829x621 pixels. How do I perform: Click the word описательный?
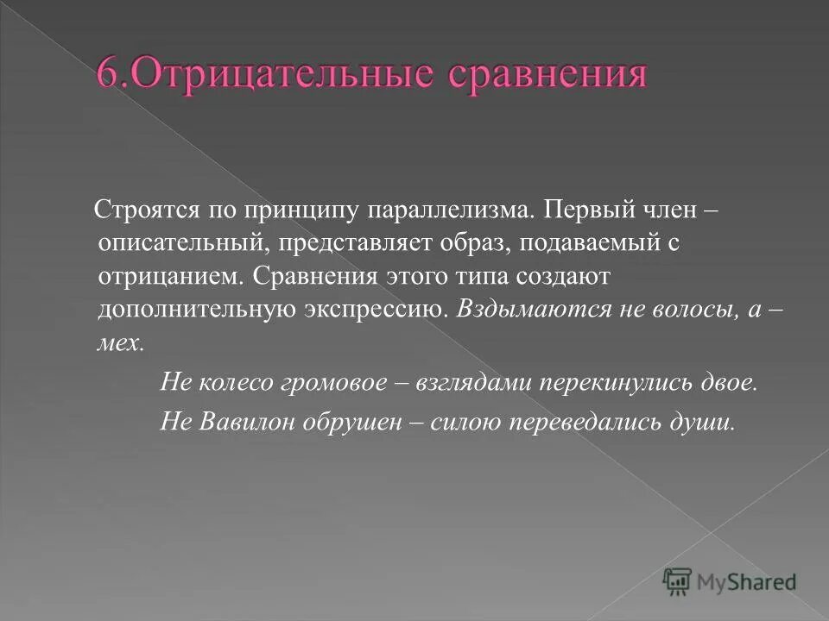point(185,244)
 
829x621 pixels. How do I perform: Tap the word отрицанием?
point(172,277)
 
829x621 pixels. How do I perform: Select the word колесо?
point(230,382)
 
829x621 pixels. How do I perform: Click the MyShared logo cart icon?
point(677,581)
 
